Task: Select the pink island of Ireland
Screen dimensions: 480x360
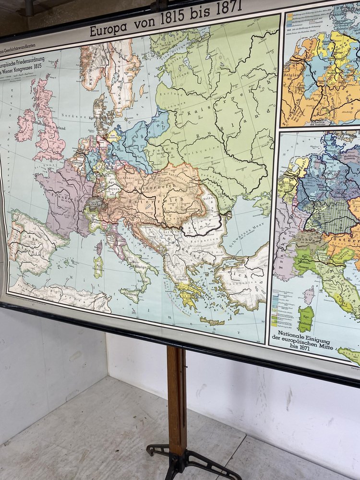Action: tap(25, 126)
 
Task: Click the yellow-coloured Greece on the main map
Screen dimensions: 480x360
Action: tap(189, 293)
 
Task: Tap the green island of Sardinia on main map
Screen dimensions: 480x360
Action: tap(98, 266)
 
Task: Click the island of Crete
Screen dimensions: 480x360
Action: tap(212, 321)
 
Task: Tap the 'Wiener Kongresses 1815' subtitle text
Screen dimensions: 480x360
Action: tap(29, 79)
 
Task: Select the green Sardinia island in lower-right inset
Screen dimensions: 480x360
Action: tap(306, 319)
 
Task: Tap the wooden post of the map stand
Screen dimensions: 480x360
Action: tap(176, 398)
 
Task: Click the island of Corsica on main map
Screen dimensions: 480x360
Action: tap(99, 248)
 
